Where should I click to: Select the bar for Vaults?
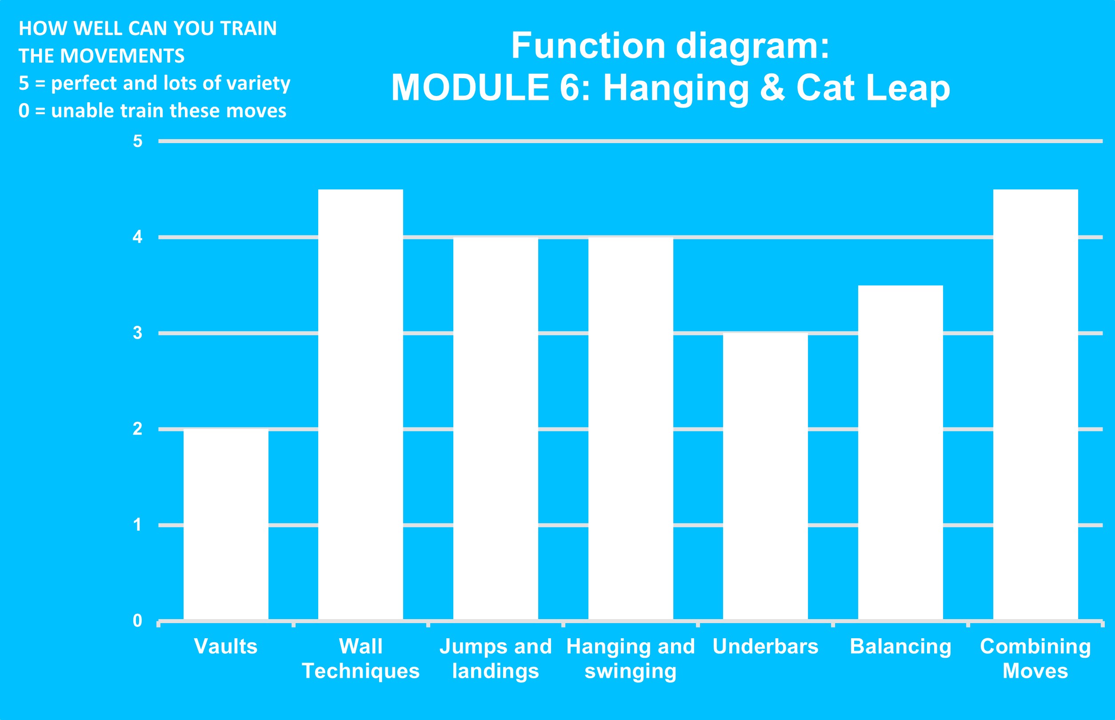226,524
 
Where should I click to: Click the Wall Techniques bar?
360,404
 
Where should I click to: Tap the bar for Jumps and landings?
496,429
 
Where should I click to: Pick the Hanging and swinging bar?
631,429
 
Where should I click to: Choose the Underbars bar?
765,476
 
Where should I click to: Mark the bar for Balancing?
900,452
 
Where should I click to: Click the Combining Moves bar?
1035,404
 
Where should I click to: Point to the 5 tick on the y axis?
137,141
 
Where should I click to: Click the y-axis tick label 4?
137,237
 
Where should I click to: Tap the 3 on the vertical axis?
137,333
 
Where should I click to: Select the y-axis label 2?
137,429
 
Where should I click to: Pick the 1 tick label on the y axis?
137,524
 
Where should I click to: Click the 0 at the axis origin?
137,620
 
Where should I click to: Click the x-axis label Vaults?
226,646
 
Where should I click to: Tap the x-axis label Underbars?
765,646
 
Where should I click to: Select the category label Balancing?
900,647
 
